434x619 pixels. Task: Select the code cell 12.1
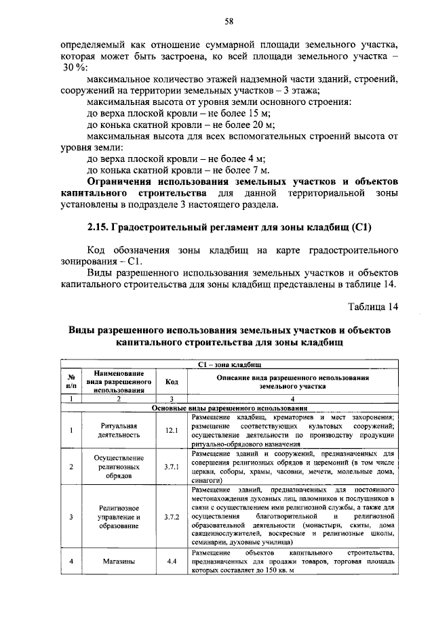[172, 429]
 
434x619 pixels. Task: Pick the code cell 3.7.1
[172, 467]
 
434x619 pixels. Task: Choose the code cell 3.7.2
[172, 516]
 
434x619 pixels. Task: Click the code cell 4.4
[172, 561]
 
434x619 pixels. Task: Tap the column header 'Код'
[172, 381]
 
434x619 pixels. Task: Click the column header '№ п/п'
[71, 381]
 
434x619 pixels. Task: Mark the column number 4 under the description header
[292, 399]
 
